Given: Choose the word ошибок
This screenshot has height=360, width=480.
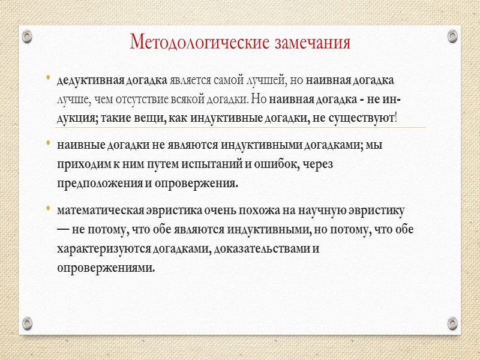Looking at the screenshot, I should (271, 164).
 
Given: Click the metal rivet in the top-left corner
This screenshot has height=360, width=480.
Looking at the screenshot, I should (27, 37).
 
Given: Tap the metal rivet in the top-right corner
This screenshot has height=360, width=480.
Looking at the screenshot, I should (452, 37).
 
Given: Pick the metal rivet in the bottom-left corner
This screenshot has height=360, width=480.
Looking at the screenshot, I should (27, 323).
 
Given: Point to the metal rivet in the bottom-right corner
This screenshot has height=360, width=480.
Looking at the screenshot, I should (452, 323).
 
